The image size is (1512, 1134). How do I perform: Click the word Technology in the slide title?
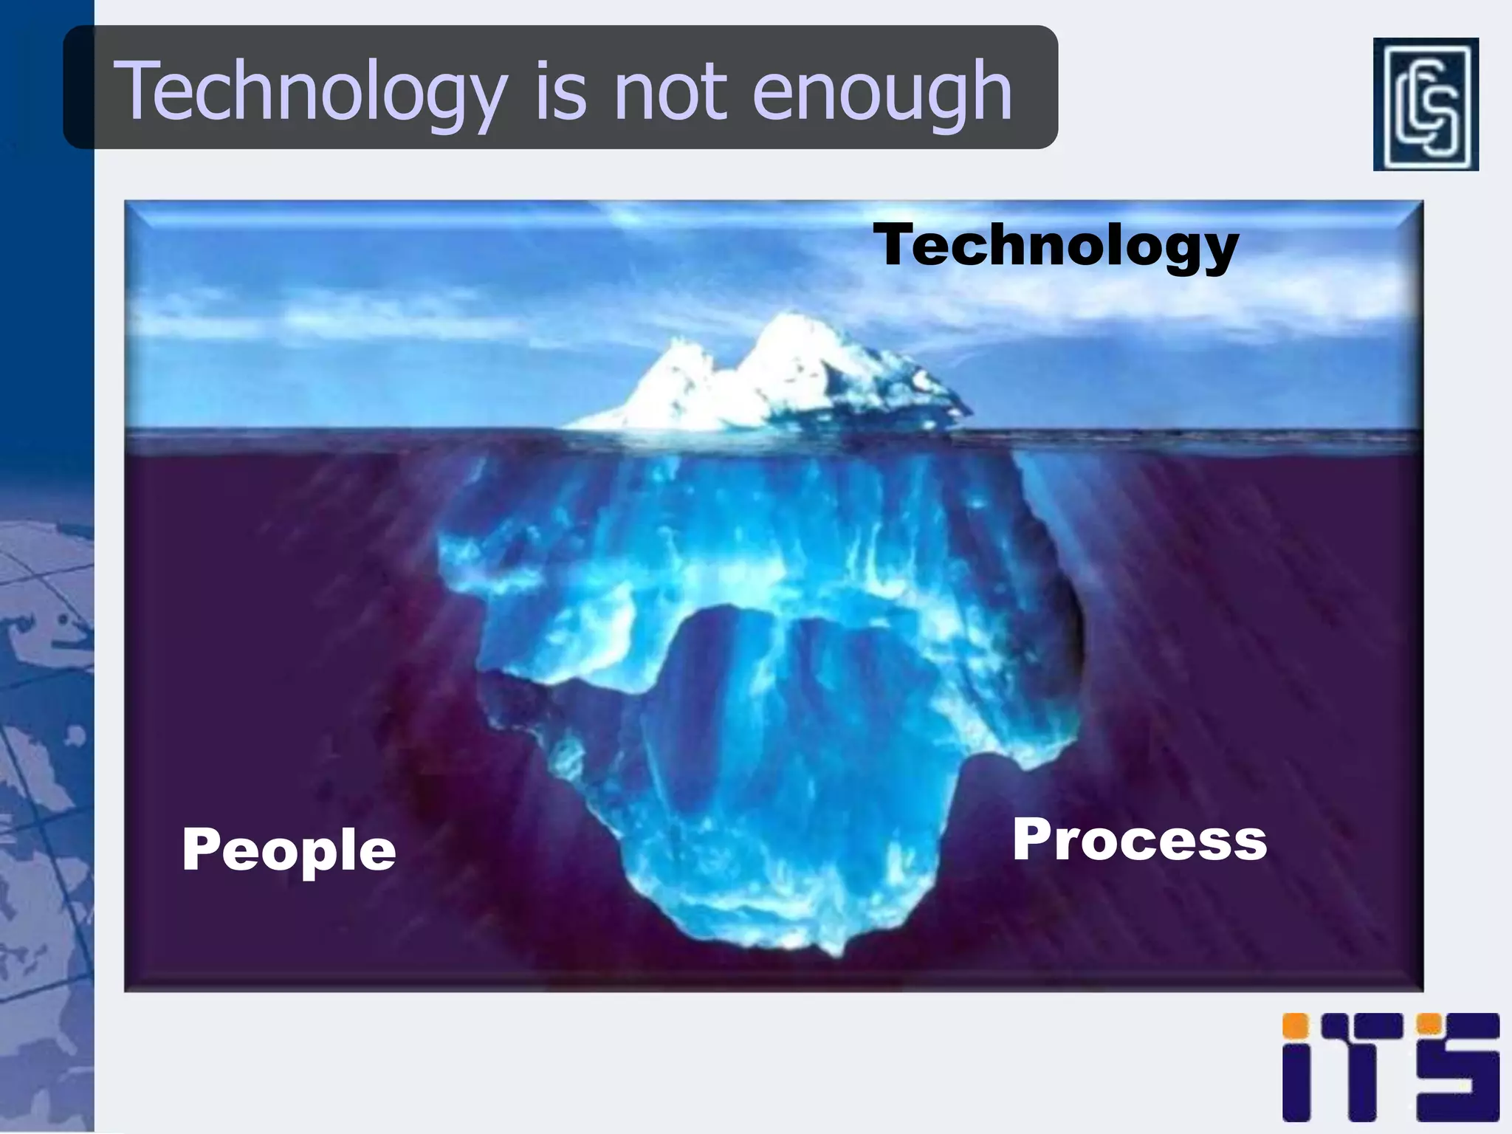pos(310,92)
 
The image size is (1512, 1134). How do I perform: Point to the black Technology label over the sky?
pos(1056,246)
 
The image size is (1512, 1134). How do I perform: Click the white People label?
pos(289,849)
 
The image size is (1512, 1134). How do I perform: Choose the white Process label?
pos(1139,840)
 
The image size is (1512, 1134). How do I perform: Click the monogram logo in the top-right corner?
pos(1425,104)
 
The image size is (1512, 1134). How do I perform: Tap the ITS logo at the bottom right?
pos(1390,1067)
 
